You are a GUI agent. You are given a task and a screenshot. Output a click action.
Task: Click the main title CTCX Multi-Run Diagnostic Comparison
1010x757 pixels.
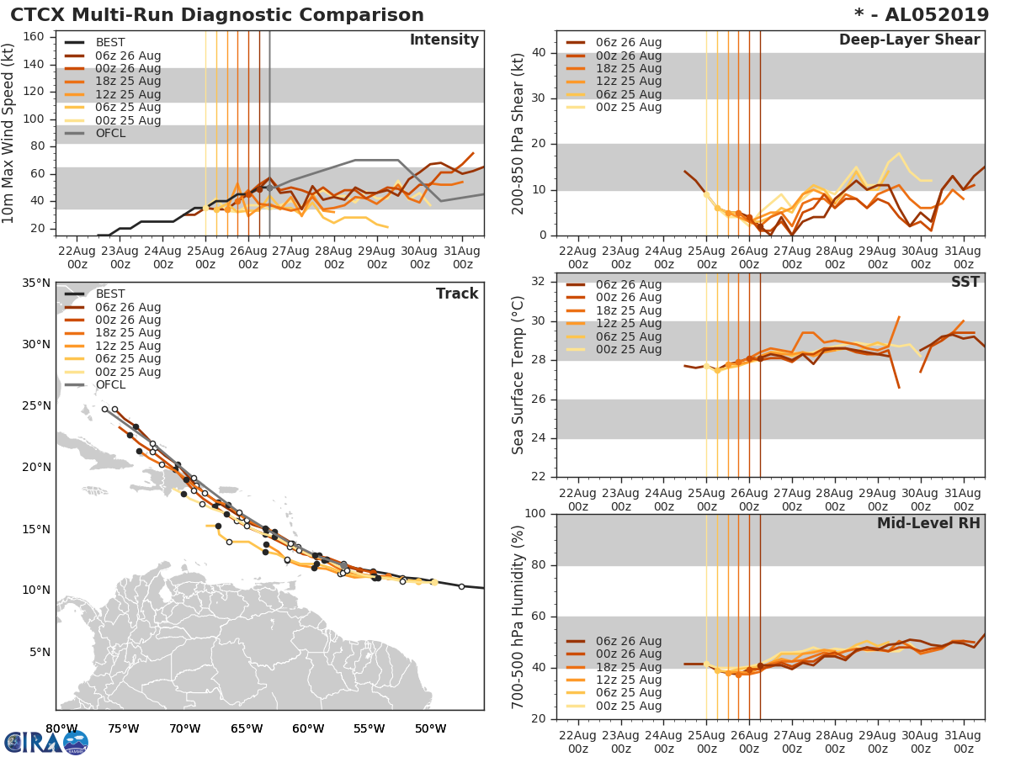coord(217,15)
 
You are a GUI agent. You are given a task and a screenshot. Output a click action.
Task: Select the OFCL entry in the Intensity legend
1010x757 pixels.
coord(110,133)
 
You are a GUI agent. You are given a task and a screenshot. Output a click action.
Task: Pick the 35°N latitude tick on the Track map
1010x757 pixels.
coord(36,283)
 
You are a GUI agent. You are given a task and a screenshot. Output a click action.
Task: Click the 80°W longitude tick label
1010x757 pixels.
coord(61,728)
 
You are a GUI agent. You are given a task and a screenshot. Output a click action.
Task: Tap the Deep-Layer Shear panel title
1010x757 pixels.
coord(909,40)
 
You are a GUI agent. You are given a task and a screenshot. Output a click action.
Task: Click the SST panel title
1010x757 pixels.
coord(965,282)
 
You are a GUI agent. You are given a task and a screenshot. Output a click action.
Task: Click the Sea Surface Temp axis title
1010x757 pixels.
coord(518,376)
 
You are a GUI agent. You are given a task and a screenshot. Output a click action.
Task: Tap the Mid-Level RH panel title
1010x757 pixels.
coord(928,523)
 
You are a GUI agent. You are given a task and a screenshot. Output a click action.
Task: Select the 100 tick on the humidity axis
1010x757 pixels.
coord(534,514)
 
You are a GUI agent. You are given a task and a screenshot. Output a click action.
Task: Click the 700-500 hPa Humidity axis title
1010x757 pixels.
coord(518,616)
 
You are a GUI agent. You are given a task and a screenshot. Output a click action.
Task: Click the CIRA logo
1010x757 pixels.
coord(46,741)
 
